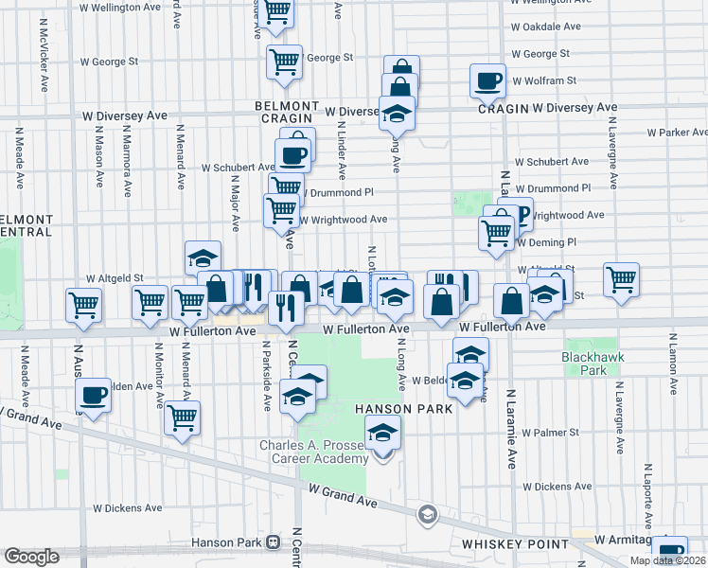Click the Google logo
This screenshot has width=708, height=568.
(31, 557)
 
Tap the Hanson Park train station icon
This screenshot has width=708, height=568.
(274, 542)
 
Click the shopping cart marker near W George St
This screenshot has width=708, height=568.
(284, 62)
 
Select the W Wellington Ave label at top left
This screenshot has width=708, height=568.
(120, 7)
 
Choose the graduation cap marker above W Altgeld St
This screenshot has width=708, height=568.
(203, 257)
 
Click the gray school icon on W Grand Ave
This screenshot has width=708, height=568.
(427, 513)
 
